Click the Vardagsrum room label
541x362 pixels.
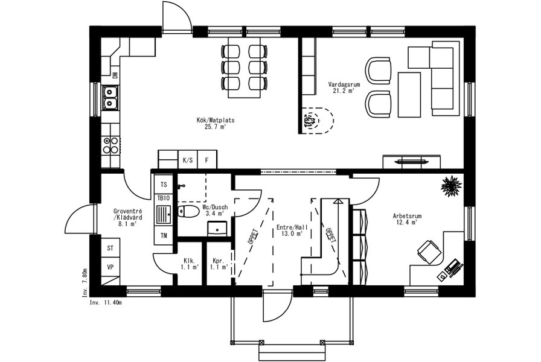click(344, 84)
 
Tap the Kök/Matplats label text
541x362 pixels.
click(216, 120)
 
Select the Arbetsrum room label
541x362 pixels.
click(407, 216)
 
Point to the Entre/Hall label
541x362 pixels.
click(292, 227)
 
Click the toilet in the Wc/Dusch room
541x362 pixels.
click(188, 211)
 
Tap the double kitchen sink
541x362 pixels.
click(110, 98)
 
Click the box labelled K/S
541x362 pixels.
click(188, 160)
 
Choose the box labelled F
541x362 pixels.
click(207, 160)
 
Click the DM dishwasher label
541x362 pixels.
click(115, 75)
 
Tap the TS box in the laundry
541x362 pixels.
click(164, 185)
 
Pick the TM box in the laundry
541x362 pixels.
click(164, 235)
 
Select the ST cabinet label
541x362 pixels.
click(110, 248)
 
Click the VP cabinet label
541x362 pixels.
click(110, 267)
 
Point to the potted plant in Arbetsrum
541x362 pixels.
click(451, 186)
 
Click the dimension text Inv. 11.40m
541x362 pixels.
click(106, 302)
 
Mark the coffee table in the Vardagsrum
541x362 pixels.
click(409, 95)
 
